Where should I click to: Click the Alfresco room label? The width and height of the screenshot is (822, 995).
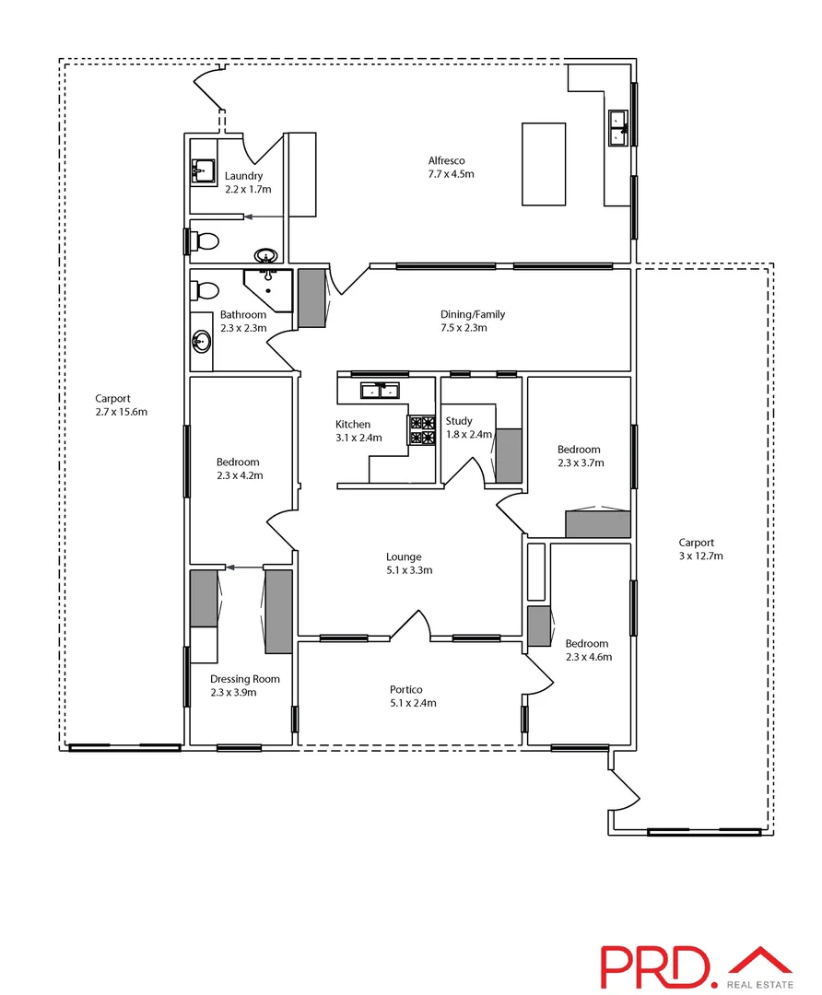click(446, 160)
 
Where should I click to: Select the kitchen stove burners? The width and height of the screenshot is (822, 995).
click(422, 430)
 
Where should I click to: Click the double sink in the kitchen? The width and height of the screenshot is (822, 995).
click(382, 391)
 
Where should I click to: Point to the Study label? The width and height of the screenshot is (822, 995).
click(459, 421)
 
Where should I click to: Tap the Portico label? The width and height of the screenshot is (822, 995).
click(406, 689)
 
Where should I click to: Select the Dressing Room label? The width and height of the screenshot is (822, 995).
click(244, 679)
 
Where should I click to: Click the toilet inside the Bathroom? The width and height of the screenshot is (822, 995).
click(205, 292)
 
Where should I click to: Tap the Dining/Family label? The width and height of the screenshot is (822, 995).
click(473, 314)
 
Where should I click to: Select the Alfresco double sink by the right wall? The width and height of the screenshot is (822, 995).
click(616, 126)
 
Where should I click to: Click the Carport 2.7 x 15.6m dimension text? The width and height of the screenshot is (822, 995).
click(121, 412)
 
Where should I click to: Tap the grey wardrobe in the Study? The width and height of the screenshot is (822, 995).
click(510, 455)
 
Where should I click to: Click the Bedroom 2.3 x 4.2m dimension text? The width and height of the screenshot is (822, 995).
click(240, 475)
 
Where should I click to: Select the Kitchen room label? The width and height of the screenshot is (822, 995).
click(352, 425)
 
